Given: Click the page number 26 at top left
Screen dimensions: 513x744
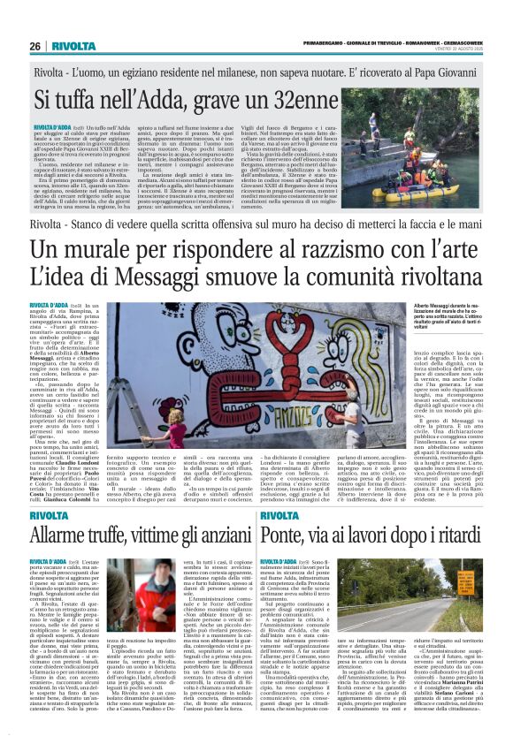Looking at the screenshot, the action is click(x=34, y=46).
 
